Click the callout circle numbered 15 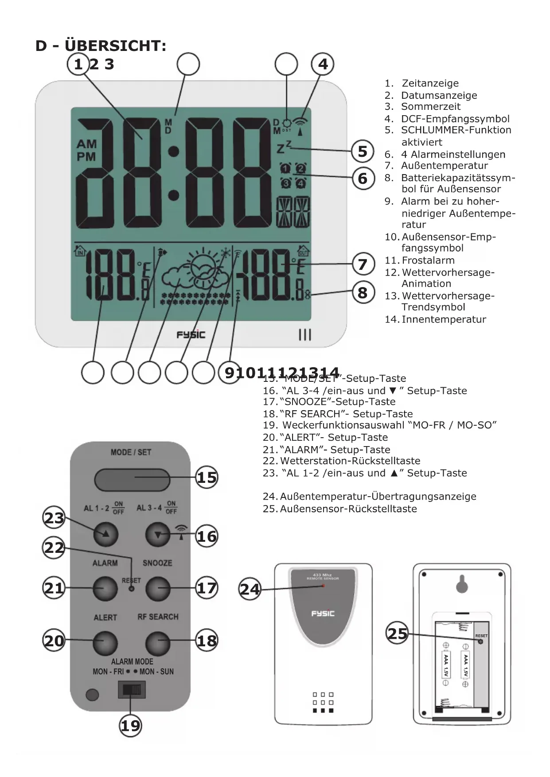click(207, 478)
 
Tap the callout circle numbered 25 click(397, 633)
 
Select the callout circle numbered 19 click(130, 726)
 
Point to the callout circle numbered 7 click(363, 264)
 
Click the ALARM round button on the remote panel click(105, 589)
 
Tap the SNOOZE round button click(158, 589)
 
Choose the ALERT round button click(105, 643)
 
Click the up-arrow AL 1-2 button click(106, 534)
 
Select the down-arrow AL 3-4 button click(158, 535)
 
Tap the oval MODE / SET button click(132, 480)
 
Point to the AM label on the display click(86, 144)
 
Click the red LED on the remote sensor click(323, 586)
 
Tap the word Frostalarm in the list click(428, 260)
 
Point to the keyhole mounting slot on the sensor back click(462, 584)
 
